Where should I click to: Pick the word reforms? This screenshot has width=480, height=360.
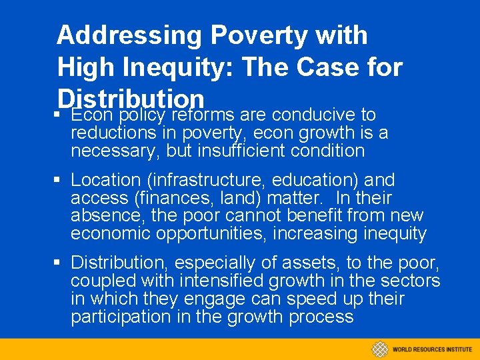205,115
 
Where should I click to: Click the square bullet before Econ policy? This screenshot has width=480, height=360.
60,115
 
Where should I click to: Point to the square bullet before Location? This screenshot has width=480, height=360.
60,180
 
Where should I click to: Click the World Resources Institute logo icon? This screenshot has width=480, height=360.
380,349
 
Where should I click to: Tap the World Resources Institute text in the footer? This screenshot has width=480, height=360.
432,349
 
